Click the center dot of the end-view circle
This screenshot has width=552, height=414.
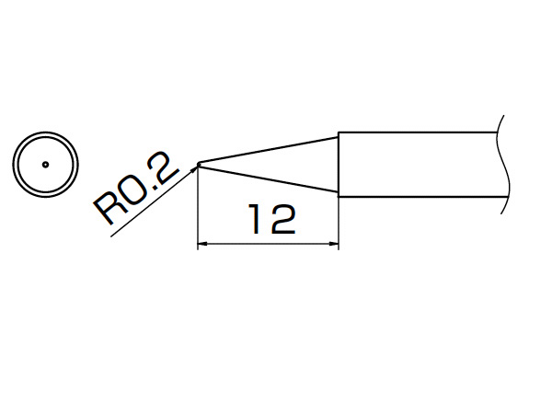[45, 165]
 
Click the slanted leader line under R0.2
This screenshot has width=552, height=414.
[154, 201]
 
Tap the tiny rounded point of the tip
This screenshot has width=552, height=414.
[200, 164]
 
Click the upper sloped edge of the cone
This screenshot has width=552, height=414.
[270, 150]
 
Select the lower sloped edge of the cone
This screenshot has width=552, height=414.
[270, 178]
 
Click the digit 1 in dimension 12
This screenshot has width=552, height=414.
[256, 219]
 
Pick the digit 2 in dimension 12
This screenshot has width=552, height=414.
[283, 219]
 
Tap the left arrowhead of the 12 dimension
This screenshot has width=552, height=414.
[202, 243]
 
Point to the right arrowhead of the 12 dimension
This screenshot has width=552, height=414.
[334, 243]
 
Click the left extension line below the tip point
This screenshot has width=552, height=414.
[198, 208]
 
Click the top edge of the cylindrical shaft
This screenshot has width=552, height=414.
[418, 132]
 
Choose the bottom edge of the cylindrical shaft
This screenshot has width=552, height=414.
[423, 197]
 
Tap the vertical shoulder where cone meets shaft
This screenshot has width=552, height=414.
[339, 165]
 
